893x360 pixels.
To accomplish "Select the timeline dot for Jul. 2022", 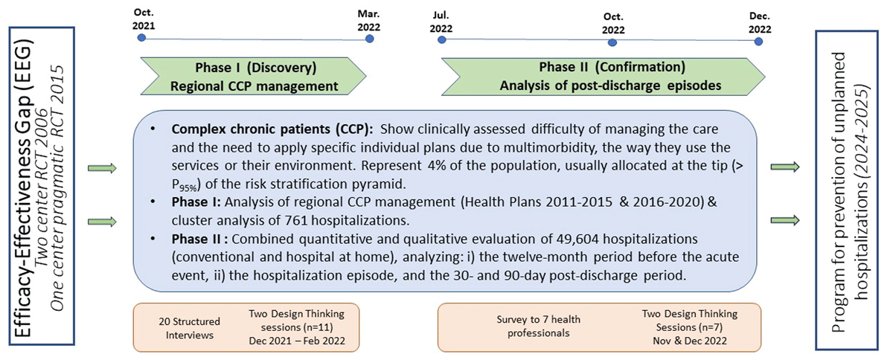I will point(443,39).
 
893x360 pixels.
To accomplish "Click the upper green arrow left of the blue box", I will point(102,168).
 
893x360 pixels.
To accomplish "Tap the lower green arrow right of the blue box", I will point(786,220).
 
